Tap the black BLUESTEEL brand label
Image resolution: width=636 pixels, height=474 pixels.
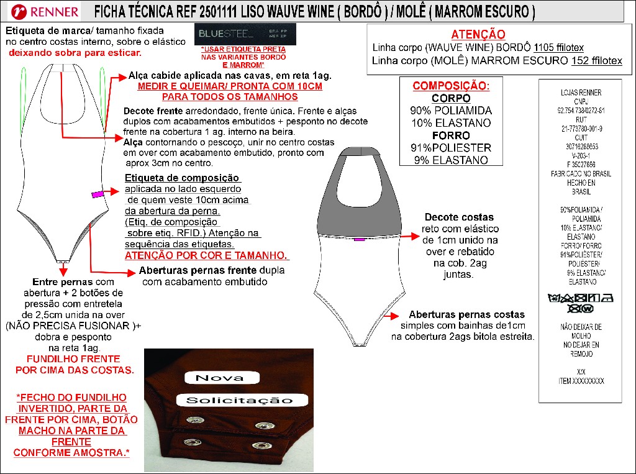245,34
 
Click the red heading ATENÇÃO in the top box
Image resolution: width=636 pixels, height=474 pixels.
478,35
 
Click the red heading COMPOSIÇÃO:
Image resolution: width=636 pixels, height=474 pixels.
451,86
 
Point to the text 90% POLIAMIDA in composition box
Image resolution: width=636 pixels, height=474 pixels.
451,111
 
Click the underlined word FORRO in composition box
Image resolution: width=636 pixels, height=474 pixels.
451,135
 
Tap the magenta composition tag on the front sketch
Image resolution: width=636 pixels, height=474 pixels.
97,194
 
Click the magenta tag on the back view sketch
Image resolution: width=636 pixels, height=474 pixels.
358,239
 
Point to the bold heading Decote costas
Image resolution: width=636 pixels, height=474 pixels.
459,217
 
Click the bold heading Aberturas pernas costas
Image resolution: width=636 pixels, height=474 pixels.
466,314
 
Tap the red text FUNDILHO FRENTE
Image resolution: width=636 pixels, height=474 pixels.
74,359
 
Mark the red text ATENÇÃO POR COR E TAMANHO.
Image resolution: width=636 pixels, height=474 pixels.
207,256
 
